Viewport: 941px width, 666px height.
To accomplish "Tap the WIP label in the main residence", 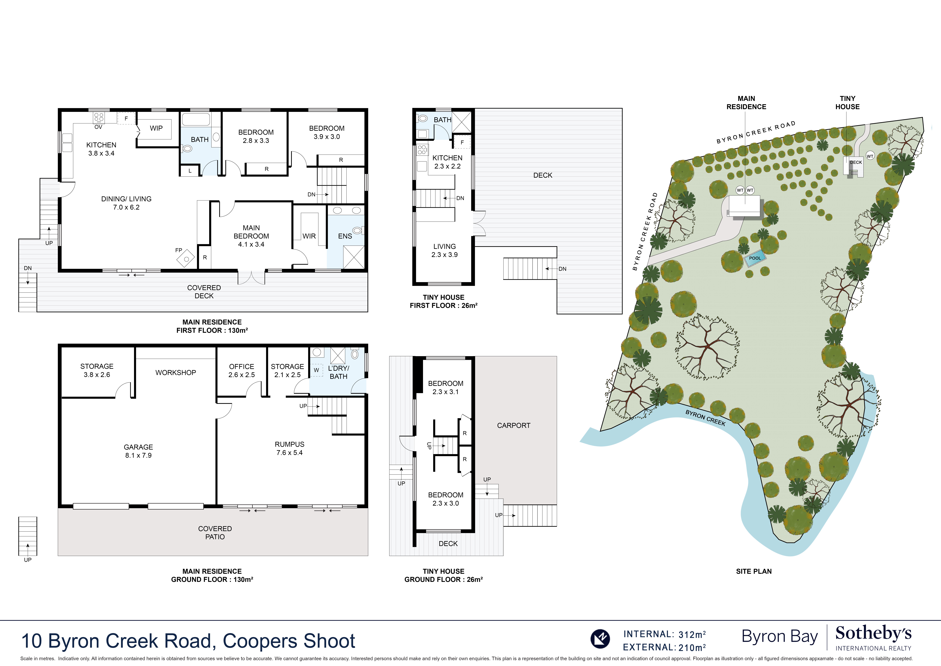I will [156, 128].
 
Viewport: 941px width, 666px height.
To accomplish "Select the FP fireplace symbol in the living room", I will [186, 258].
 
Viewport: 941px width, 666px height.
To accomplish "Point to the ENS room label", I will [345, 236].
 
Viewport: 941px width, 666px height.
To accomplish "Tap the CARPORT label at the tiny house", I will [513, 426].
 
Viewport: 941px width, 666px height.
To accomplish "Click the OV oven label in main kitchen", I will [98, 127].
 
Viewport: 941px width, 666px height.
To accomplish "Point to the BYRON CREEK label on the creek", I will [705, 418].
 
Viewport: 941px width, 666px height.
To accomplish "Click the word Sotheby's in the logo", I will [873, 634].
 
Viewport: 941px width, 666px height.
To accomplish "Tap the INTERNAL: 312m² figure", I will [664, 634].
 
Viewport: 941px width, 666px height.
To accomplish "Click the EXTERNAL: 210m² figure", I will [664, 648].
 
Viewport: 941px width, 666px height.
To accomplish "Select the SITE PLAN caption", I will [754, 571].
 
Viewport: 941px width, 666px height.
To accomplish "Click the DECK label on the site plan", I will [856, 162].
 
